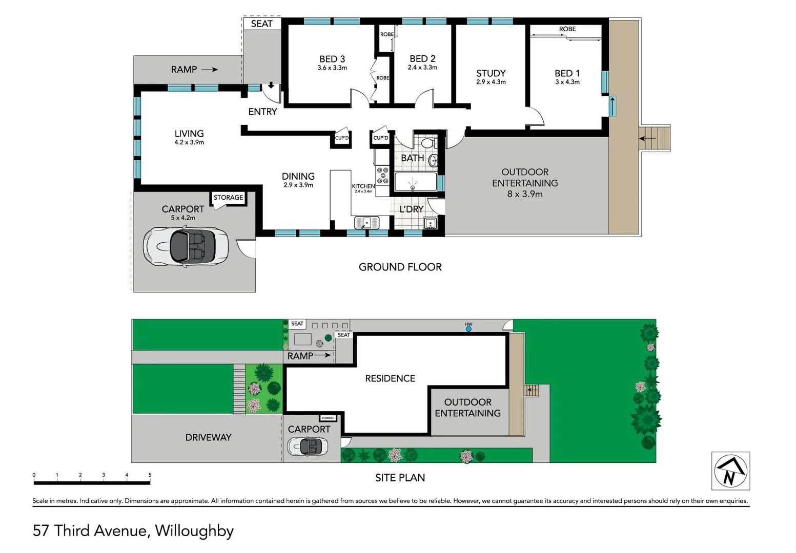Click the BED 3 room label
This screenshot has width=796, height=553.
(x=332, y=59)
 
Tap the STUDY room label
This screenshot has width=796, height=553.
(x=491, y=73)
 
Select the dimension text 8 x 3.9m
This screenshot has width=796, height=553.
(x=525, y=194)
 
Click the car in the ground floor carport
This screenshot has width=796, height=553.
(x=185, y=246)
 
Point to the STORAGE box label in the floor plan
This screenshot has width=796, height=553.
(x=229, y=198)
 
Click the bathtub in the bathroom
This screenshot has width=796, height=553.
(x=415, y=182)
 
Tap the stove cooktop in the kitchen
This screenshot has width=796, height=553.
(x=382, y=175)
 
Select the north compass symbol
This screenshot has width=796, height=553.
(x=730, y=471)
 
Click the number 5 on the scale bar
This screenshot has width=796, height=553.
(x=150, y=475)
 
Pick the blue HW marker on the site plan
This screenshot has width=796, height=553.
(x=468, y=329)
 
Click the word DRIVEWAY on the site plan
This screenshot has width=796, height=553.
(x=208, y=437)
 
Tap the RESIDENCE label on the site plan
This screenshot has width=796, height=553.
(x=390, y=378)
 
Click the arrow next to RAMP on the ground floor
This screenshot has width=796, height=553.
(x=210, y=70)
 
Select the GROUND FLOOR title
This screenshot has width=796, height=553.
(x=400, y=267)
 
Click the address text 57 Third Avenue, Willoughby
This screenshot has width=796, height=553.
(x=133, y=530)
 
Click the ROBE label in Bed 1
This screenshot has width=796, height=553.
(x=567, y=29)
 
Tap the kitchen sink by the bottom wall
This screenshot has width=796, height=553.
(x=366, y=223)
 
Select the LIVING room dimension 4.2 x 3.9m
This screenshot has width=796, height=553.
(x=189, y=142)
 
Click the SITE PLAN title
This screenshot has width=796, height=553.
(x=400, y=478)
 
